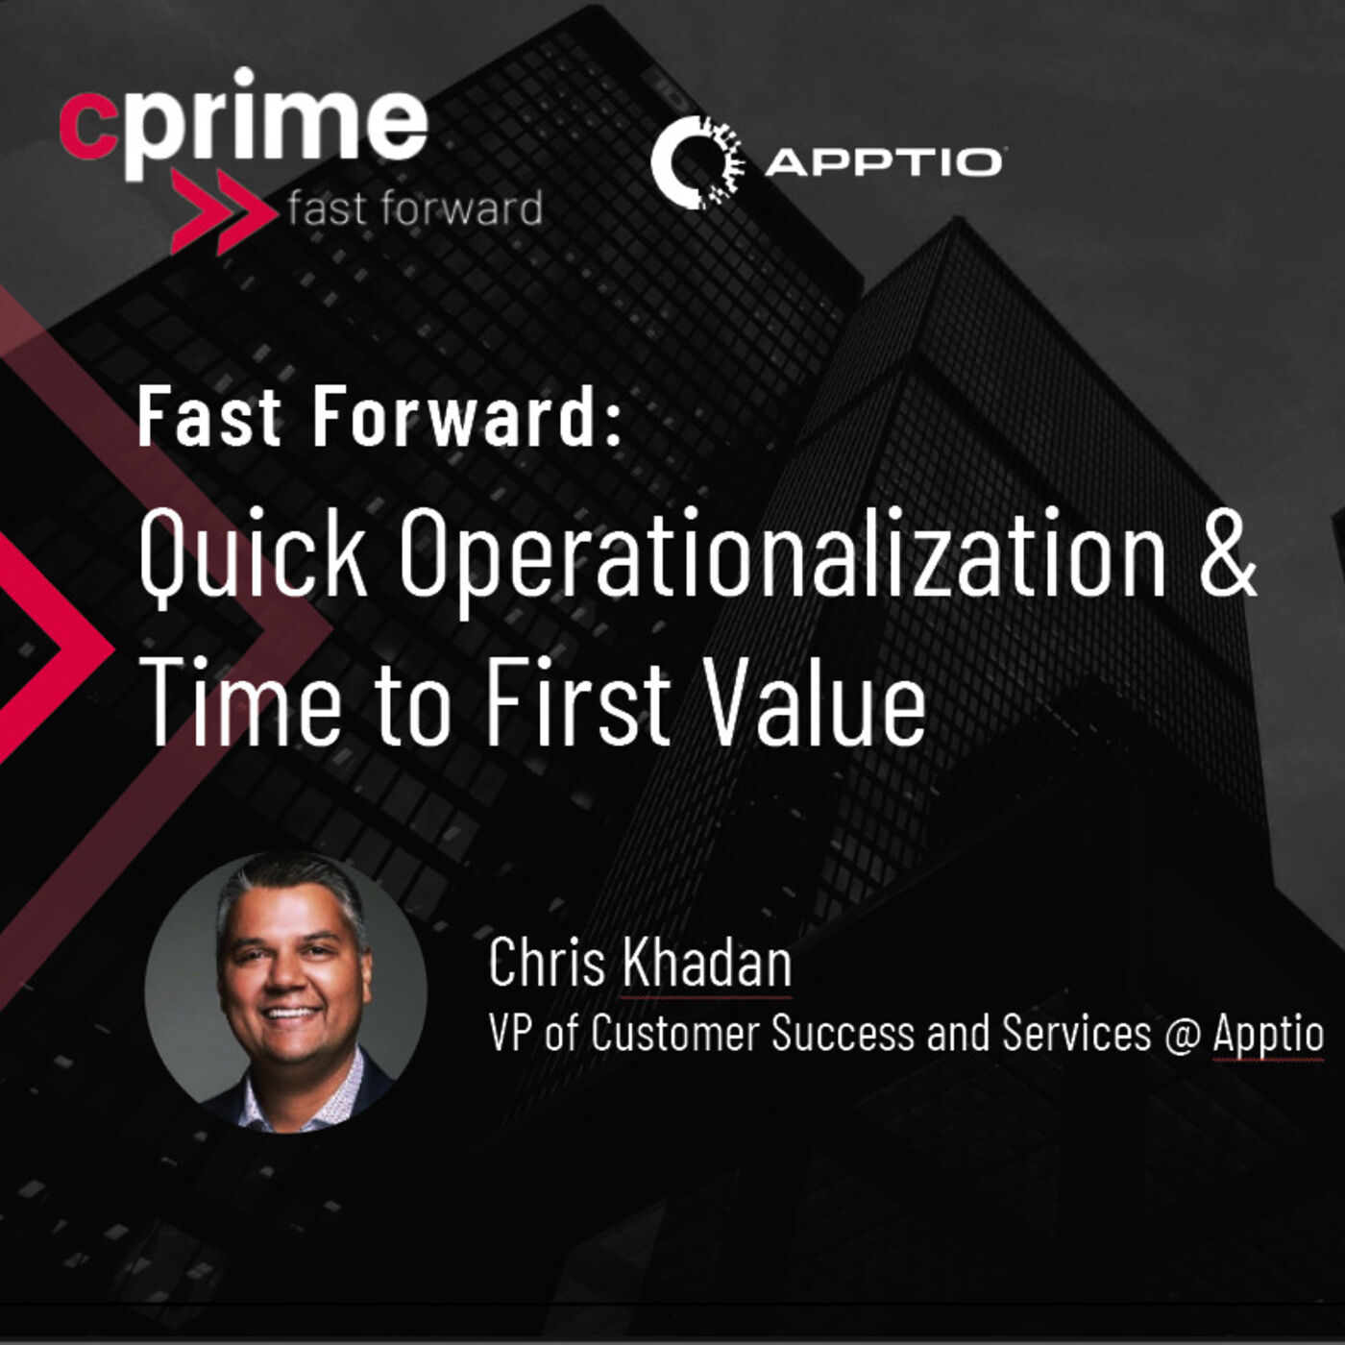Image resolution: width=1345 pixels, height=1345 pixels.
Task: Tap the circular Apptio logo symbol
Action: tap(697, 162)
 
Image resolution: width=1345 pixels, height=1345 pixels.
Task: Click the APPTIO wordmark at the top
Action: tap(884, 162)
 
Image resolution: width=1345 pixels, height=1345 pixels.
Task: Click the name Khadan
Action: tap(706, 964)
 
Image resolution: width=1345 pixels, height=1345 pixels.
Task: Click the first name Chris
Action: tap(547, 964)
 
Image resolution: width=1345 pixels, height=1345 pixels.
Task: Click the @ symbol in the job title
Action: tap(1181, 1034)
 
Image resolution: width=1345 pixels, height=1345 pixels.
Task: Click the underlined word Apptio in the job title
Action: tap(1267, 1035)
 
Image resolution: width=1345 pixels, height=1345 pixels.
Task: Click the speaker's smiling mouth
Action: tap(292, 1013)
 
